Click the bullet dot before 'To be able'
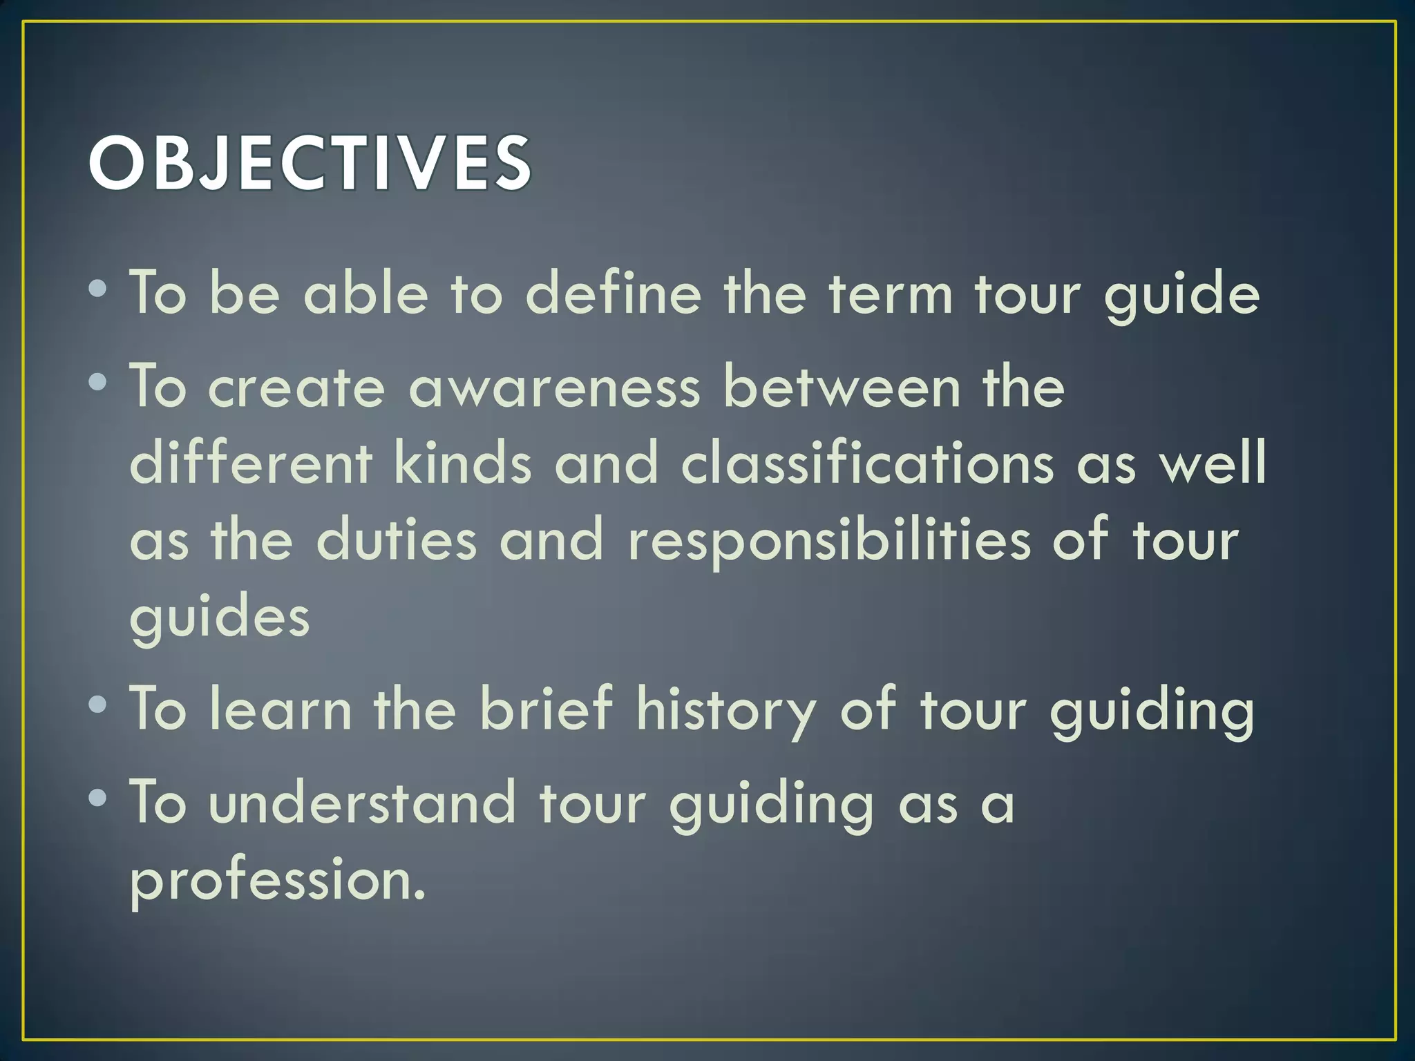coord(98,289)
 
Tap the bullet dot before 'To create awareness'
coord(98,381)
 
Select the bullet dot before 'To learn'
coord(98,704)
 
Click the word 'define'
coord(614,293)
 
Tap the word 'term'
coord(892,294)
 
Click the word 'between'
coord(842,387)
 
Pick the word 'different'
coord(251,463)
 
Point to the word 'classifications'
coord(867,463)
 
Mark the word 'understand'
coord(363,803)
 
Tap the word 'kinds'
coord(463,463)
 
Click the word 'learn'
coord(281,709)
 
